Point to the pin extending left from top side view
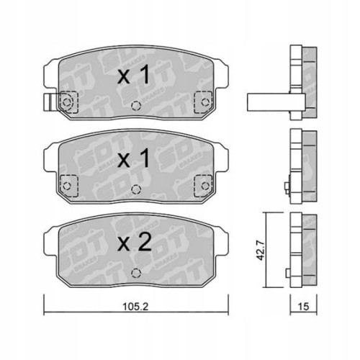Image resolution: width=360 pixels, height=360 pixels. pyautogui.click(x=266, y=102)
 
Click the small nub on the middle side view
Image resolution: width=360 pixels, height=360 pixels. pyautogui.click(x=287, y=189)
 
